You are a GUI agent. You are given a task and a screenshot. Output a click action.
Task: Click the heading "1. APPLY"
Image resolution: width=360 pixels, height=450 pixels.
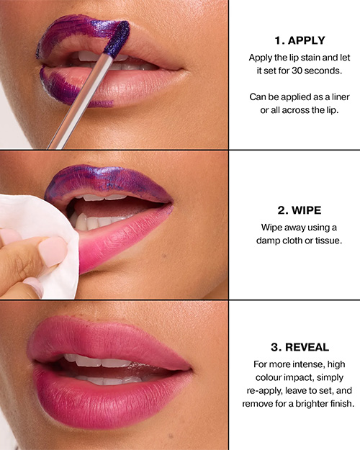coord(300,40)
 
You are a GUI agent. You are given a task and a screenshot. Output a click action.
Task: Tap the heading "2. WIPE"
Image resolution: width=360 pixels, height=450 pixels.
coord(300,210)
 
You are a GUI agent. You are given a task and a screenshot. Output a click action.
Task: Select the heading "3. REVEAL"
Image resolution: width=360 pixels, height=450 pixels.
coord(300,347)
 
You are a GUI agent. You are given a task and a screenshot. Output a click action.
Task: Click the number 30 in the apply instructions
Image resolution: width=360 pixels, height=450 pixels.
coord(297,71)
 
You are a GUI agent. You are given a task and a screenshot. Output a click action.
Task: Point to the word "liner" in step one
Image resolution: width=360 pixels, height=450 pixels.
coord(341,96)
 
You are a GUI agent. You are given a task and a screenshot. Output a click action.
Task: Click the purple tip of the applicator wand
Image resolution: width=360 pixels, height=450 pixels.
coord(117,38)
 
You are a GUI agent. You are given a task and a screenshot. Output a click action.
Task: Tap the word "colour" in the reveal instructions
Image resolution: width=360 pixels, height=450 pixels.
coord(268,377)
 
